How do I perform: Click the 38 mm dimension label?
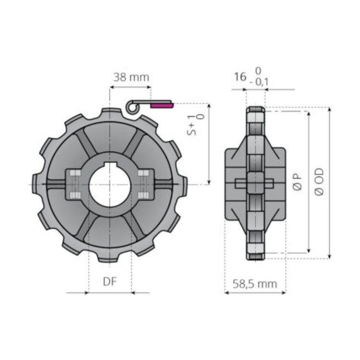(131, 77)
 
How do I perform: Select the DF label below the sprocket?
(110, 281)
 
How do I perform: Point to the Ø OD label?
(319, 182)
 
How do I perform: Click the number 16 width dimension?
(240, 77)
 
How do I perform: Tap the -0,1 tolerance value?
(259, 83)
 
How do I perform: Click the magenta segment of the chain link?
(161, 104)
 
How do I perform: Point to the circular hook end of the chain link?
(132, 107)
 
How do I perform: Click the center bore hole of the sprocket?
(109, 185)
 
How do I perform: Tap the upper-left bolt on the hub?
(74, 174)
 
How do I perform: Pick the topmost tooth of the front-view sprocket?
(110, 114)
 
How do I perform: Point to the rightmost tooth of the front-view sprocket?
(183, 185)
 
